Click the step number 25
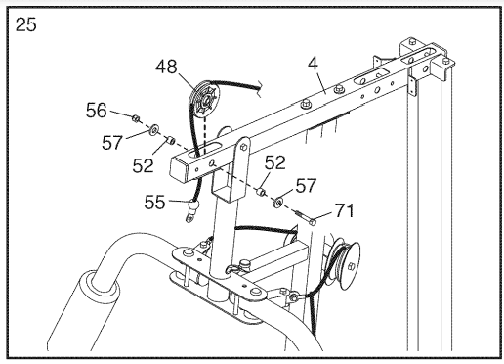[x=26, y=24]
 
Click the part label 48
[x=166, y=67]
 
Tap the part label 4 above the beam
[x=313, y=63]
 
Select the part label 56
[x=97, y=111]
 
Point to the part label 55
[x=154, y=203]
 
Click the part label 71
[x=344, y=210]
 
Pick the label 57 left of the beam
[x=112, y=143]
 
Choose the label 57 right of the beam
[x=306, y=185]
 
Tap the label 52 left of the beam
[x=143, y=165]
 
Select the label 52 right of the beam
[x=275, y=162]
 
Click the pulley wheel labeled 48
[x=204, y=101]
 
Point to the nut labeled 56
[x=136, y=118]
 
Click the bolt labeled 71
[x=307, y=217]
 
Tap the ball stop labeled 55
[x=193, y=205]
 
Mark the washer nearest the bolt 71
[x=278, y=203]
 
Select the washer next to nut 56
[x=153, y=129]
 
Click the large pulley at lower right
[x=347, y=264]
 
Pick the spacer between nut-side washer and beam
[x=171, y=141]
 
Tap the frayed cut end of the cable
[x=260, y=89]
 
